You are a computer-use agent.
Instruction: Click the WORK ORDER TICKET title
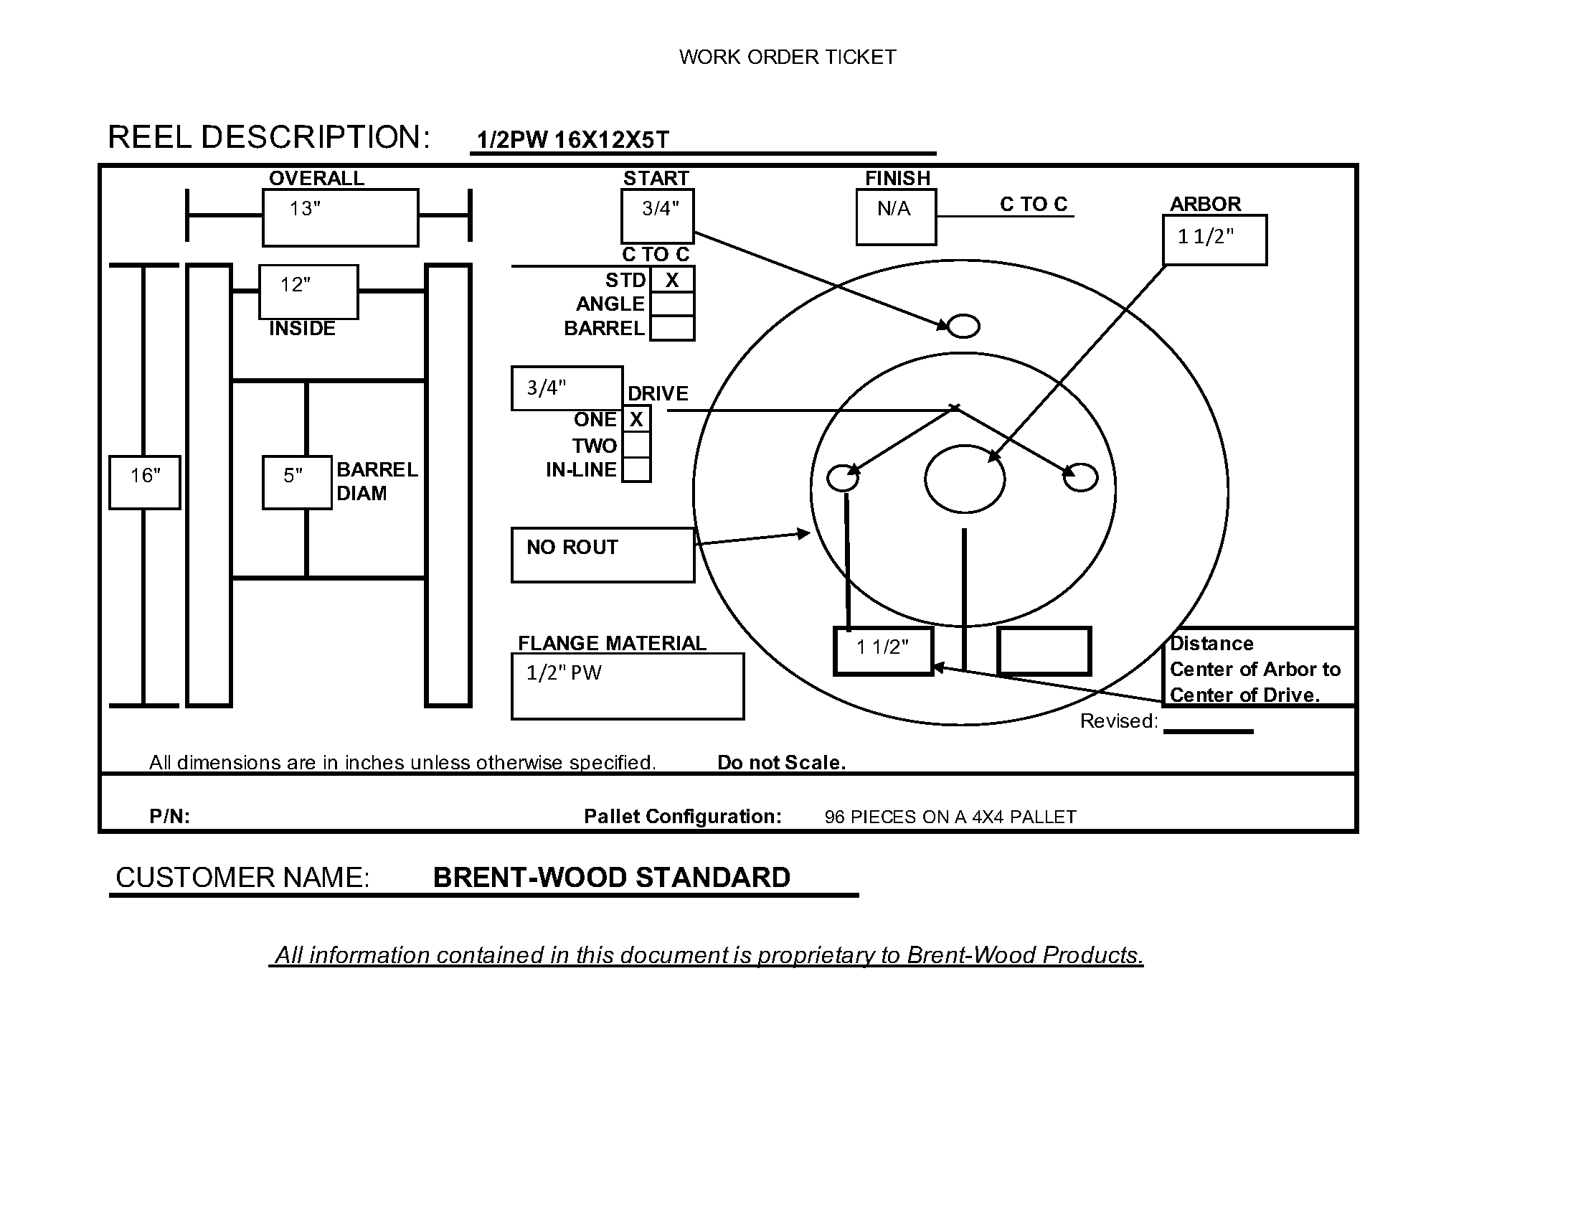coord(787,57)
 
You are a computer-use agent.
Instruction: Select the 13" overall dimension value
coord(305,209)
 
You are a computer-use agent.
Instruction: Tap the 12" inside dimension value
coord(296,285)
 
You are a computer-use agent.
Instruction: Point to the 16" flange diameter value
coord(145,476)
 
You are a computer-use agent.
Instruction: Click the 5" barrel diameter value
coord(293,476)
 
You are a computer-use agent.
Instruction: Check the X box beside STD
coord(672,281)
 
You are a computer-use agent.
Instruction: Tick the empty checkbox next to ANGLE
coord(672,304)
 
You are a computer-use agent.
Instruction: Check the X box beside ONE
coord(636,420)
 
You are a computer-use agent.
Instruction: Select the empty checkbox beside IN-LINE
coord(636,470)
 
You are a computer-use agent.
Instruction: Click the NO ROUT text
coord(572,547)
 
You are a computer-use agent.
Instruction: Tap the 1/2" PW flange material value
coord(564,673)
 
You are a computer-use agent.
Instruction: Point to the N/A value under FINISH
coord(894,209)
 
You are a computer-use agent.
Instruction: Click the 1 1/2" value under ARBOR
coord(1206,236)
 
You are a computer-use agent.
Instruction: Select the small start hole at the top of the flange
coord(963,327)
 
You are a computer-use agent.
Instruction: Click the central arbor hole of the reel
coord(965,479)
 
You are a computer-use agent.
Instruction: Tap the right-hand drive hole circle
coord(1081,478)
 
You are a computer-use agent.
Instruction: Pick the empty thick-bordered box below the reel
coord(1044,651)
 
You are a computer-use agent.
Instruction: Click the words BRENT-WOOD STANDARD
coord(611,878)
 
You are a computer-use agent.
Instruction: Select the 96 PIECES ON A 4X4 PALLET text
coord(950,817)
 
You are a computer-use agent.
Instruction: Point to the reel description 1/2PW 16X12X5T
coord(573,139)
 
